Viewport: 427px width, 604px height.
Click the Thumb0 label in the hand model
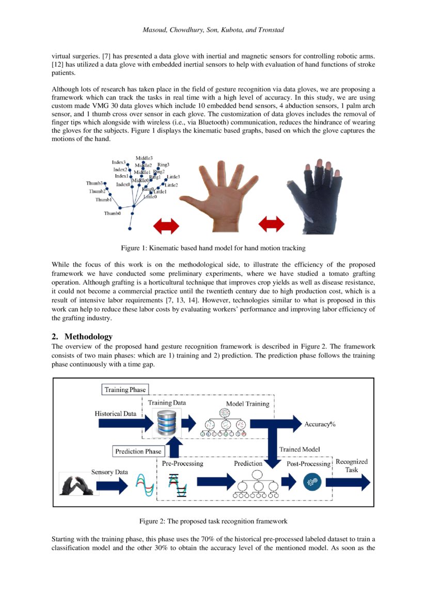112,213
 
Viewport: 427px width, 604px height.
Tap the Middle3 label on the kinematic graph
144,158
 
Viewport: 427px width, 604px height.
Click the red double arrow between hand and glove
271,225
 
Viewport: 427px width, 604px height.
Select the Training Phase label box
125,390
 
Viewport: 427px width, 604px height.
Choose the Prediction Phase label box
138,451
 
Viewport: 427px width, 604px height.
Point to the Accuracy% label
320,424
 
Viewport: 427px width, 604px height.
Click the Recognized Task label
352,465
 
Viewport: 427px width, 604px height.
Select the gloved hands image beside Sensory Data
75,484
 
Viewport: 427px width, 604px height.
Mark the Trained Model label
299,450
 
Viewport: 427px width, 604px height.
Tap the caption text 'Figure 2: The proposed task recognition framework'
213,521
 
